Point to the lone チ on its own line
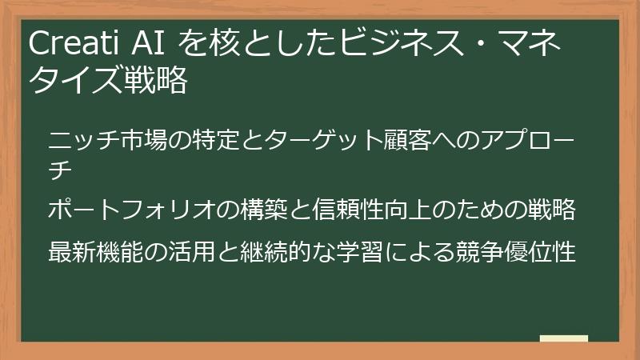pos(61,169)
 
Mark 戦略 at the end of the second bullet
pos(552,210)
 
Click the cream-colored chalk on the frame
pos(564,338)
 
